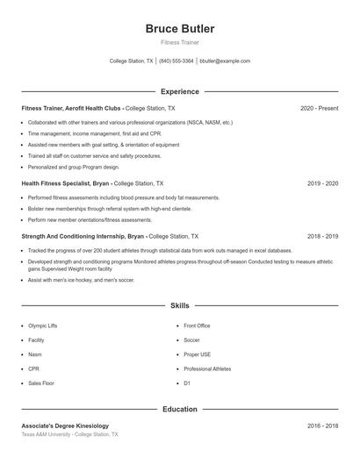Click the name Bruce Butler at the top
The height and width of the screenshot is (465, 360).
(x=179, y=29)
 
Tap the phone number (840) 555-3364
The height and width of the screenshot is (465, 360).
(x=176, y=61)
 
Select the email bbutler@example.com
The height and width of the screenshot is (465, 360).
(x=225, y=61)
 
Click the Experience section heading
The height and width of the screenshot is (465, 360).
(x=179, y=91)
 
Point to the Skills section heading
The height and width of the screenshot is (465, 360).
(x=179, y=305)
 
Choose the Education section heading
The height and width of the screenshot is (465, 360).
(x=179, y=409)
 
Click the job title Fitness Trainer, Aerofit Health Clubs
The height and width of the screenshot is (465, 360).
(x=72, y=108)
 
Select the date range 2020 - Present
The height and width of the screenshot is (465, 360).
(x=319, y=108)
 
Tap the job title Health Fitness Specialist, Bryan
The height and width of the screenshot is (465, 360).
(x=65, y=184)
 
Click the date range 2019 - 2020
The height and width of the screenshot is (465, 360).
(x=322, y=184)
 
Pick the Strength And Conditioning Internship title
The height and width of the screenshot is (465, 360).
(x=83, y=237)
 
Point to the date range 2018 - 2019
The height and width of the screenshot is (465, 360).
(x=322, y=237)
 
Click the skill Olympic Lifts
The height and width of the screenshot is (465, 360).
(x=44, y=325)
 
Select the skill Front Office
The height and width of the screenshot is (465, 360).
(x=197, y=325)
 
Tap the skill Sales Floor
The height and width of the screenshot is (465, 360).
(x=41, y=383)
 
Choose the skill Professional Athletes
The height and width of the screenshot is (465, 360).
(x=207, y=369)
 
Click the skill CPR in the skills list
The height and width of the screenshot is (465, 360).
(x=33, y=369)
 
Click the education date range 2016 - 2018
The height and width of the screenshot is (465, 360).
(x=322, y=426)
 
